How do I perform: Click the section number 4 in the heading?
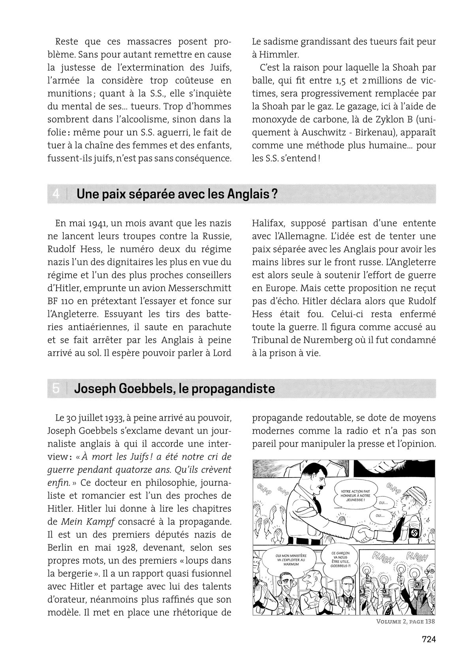(56, 194)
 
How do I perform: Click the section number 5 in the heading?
(56, 389)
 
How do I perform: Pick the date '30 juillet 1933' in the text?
(95, 418)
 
